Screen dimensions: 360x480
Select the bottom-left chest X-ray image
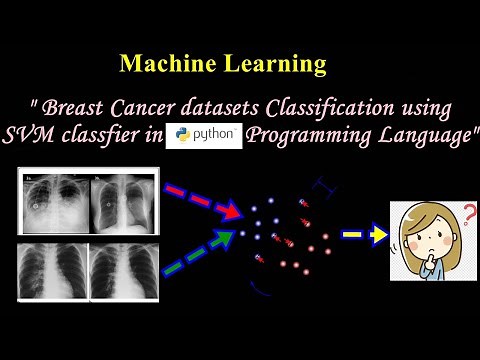[x=52, y=274]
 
